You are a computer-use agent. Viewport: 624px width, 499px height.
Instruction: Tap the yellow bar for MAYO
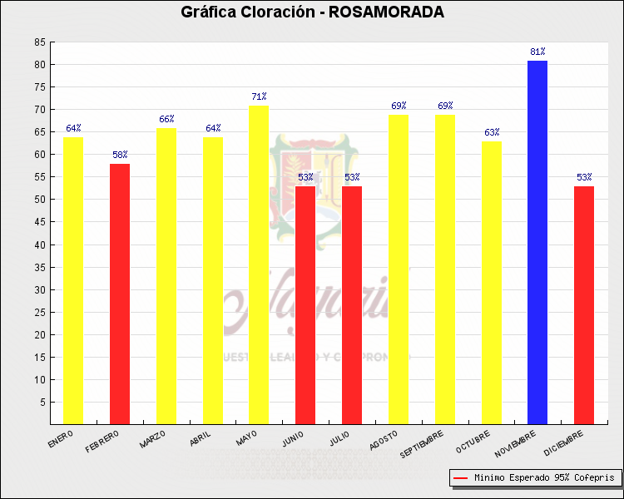tap(259, 264)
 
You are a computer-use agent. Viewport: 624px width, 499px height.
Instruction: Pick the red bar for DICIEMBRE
tap(584, 304)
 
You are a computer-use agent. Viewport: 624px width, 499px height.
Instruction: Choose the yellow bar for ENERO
tap(73, 280)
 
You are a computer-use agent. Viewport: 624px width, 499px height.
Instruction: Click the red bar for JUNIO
tap(305, 304)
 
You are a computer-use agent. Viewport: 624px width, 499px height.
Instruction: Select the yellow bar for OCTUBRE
tap(492, 282)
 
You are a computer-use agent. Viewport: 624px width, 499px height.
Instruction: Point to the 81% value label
tap(537, 52)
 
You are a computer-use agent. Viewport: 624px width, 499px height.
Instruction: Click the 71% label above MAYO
tap(259, 97)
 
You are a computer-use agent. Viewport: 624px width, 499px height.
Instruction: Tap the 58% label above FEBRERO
tap(120, 156)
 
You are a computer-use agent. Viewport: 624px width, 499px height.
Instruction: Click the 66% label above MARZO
tap(166, 120)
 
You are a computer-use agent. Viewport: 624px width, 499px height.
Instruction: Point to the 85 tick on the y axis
tap(40, 42)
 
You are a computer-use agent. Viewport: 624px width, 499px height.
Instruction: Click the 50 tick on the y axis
tap(40, 200)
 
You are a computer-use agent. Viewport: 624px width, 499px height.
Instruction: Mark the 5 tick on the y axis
tap(42, 403)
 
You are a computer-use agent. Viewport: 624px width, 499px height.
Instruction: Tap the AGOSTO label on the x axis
tap(384, 439)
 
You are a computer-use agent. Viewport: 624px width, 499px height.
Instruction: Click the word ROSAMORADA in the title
tap(387, 12)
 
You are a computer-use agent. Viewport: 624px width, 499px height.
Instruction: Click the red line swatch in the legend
tap(460, 478)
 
